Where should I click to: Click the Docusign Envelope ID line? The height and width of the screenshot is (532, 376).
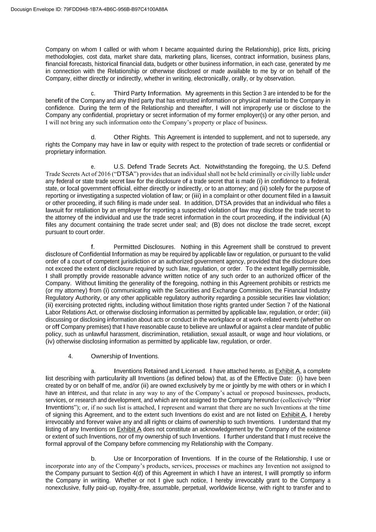click(84, 9)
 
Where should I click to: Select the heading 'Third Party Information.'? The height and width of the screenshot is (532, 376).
click(148, 93)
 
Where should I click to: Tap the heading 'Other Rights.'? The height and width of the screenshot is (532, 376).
click(132, 137)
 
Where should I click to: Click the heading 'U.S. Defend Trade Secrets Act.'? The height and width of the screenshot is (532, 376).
click(157, 166)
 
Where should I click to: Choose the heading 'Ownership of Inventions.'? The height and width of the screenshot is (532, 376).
click(125, 356)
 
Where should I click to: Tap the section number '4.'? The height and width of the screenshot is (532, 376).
click(71, 356)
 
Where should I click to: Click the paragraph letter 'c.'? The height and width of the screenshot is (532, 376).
click(93, 94)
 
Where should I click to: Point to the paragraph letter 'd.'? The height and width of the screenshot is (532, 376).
click(94, 137)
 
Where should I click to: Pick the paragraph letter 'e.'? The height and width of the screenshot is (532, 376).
click(93, 167)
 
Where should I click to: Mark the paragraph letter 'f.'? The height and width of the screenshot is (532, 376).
click(93, 247)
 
